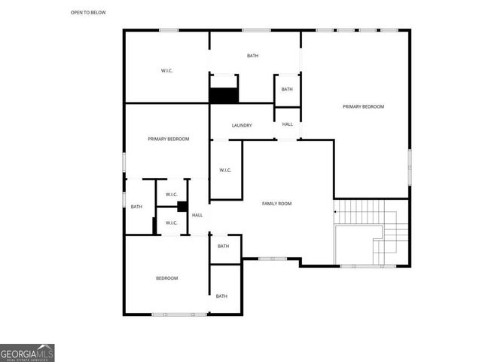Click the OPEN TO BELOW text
pos(88,13)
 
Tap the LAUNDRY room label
pos(242,125)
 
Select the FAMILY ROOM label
pos(276,204)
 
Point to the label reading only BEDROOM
pos(166,278)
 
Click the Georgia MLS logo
pos(27,352)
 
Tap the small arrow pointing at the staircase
pos(335,212)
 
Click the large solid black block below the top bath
pos(224,96)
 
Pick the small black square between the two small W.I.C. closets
pos(182,207)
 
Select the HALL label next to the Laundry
pos(288,124)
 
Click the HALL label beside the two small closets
pos(197,216)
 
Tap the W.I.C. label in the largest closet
pos(167,71)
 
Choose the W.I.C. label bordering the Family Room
pos(225,170)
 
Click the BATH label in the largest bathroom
pos(254,56)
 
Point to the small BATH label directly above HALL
pos(287,90)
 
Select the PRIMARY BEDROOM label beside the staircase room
pos(363,106)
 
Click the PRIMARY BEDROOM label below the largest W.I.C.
pos(168,139)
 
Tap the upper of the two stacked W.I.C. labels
pos(171,195)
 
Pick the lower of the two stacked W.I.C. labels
pos(171,222)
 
